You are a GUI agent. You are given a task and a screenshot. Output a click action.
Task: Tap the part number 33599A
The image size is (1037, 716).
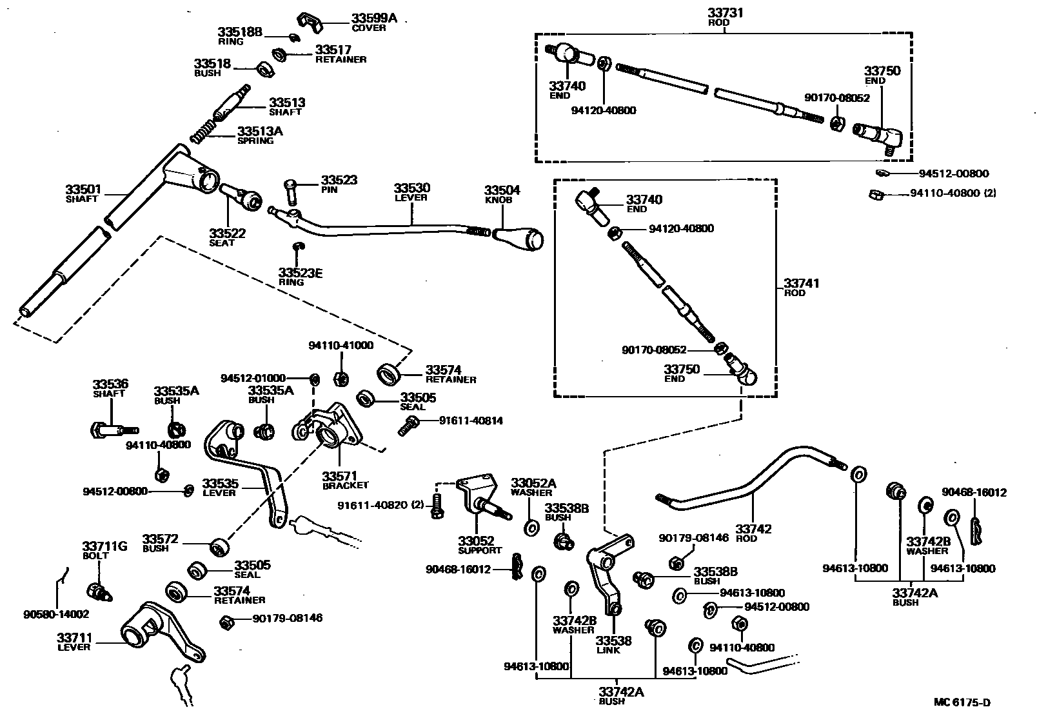(x=374, y=19)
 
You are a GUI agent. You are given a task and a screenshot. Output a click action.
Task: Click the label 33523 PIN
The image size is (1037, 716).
(x=339, y=184)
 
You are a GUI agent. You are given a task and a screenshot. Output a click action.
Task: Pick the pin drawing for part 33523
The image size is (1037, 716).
(x=291, y=191)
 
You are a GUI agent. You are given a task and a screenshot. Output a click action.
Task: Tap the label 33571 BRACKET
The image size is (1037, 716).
(x=345, y=480)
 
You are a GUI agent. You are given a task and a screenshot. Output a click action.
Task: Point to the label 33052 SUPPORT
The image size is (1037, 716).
(x=479, y=545)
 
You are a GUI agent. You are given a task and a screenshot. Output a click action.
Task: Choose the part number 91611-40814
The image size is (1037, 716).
(x=470, y=421)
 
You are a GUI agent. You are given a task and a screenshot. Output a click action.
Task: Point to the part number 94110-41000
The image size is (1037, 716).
(x=341, y=345)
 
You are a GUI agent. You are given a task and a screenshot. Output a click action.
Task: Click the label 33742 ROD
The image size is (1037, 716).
(x=753, y=533)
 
